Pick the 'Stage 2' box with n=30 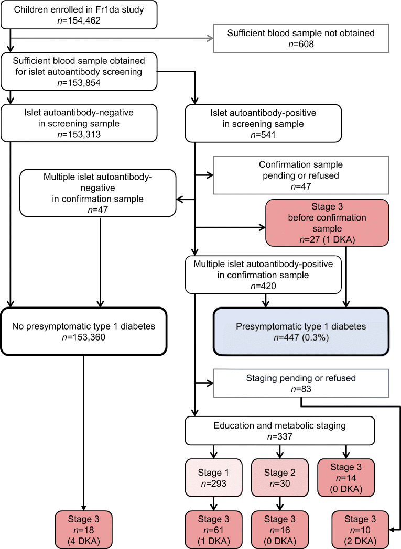279,476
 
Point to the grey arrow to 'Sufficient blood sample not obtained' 110,37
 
